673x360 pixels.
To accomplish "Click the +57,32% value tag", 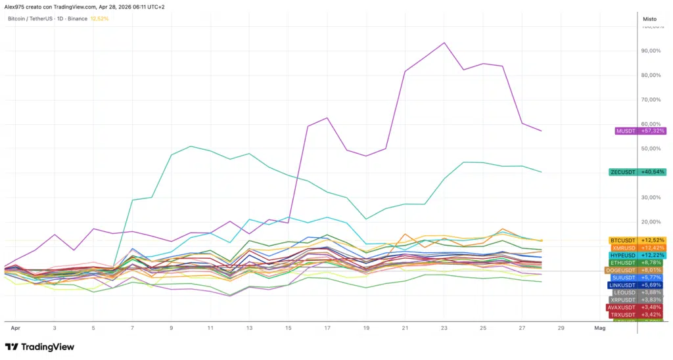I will point(653,131).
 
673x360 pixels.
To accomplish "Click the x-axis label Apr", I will point(15,326).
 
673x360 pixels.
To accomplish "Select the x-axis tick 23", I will point(444,326).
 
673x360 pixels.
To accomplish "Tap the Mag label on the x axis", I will point(599,326).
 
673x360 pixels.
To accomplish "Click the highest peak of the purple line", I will point(445,43).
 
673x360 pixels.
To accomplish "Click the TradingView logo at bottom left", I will point(39,347).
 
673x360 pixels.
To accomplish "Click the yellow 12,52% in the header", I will point(100,18).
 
